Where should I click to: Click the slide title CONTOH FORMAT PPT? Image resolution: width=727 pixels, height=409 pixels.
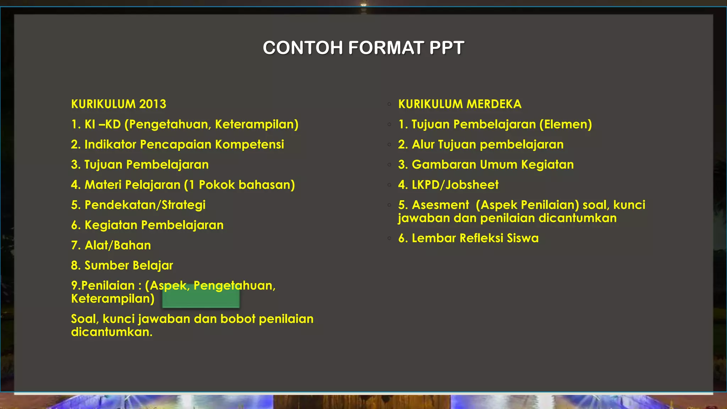point(363,48)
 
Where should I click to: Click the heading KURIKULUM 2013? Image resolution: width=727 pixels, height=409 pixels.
point(119,104)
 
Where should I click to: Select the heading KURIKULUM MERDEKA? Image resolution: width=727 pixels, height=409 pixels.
point(460,104)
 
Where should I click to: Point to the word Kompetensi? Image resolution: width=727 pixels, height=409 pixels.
point(250,144)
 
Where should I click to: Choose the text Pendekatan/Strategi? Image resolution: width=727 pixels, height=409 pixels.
point(145,205)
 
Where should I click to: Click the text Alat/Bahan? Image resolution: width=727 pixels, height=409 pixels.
point(117,245)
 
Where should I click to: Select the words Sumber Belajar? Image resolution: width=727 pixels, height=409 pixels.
point(129,266)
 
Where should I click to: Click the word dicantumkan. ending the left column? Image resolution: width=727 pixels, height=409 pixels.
point(111,332)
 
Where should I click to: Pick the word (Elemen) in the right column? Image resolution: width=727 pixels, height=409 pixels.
point(565,124)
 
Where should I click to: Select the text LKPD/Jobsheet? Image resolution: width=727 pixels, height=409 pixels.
point(455,185)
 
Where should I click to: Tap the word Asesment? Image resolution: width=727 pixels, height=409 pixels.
point(440,205)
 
